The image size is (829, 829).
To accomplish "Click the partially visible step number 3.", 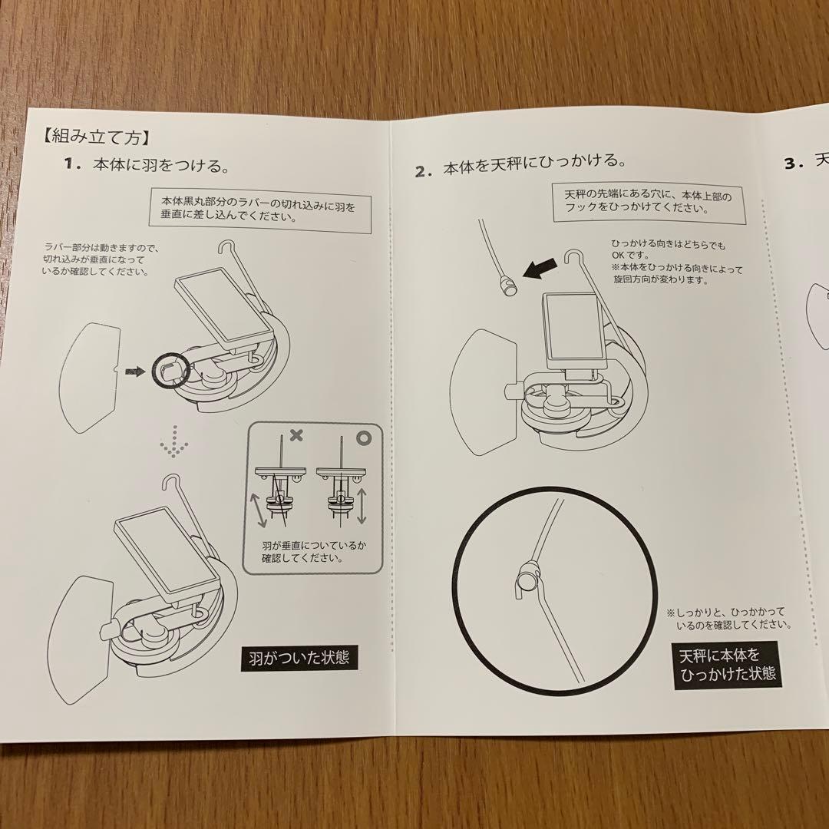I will pos(793,163).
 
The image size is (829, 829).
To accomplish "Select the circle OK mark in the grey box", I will pos(362,435).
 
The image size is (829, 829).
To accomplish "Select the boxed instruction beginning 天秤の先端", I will pos(647,202).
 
